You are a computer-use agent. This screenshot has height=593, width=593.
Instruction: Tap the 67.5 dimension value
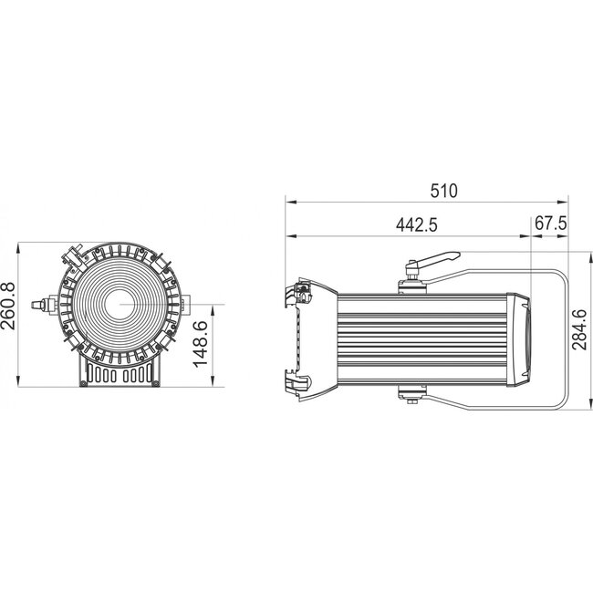tap(550, 224)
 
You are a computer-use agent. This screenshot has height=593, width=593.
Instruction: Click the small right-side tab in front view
tap(185, 302)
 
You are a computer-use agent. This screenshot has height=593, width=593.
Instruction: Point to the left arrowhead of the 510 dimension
tap(289, 203)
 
